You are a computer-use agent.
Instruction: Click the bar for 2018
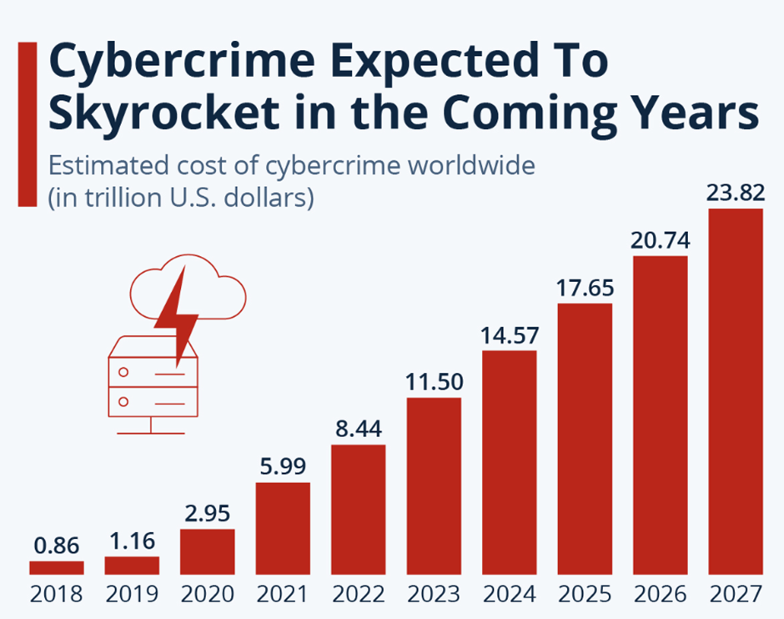tap(57, 568)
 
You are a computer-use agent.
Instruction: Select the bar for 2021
tap(283, 529)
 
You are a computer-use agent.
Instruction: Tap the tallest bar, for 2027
tap(736, 392)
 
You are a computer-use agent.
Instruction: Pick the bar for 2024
tap(510, 463)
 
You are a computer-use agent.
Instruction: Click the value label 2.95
tap(207, 512)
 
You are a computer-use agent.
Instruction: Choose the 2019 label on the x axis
tap(132, 594)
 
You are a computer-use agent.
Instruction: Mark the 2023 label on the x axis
tap(434, 594)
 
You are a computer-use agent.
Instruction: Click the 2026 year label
tap(661, 594)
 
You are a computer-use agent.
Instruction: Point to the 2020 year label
tap(207, 594)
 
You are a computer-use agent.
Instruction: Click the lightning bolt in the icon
tap(177, 313)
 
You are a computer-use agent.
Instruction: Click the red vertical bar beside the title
tap(27, 123)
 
